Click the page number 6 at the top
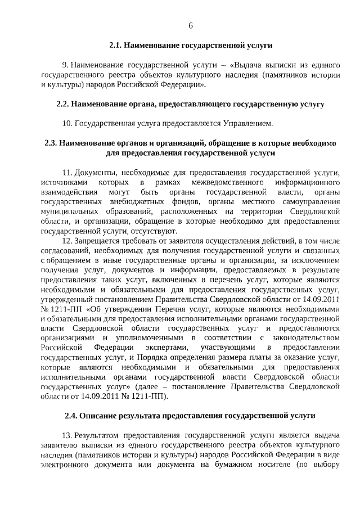click(x=191, y=26)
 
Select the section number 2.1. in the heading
click(x=115, y=43)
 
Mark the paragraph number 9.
click(x=65, y=65)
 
